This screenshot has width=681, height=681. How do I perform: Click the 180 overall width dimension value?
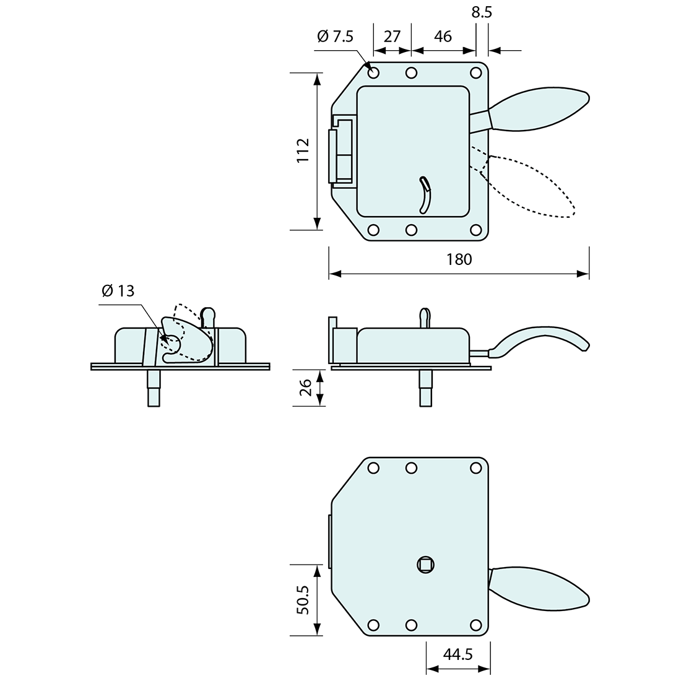(459, 259)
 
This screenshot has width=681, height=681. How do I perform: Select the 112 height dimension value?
(303, 150)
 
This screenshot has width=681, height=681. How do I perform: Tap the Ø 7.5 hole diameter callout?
(336, 37)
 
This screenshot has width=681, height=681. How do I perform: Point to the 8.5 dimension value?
(482, 12)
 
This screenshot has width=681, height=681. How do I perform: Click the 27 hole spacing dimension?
(392, 37)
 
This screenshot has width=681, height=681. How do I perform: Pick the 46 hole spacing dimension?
(443, 37)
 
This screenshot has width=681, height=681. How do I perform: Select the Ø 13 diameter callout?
(118, 290)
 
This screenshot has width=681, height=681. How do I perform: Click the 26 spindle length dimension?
(306, 388)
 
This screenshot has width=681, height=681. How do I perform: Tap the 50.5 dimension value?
(303, 600)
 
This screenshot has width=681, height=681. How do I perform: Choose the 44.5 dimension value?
(458, 654)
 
